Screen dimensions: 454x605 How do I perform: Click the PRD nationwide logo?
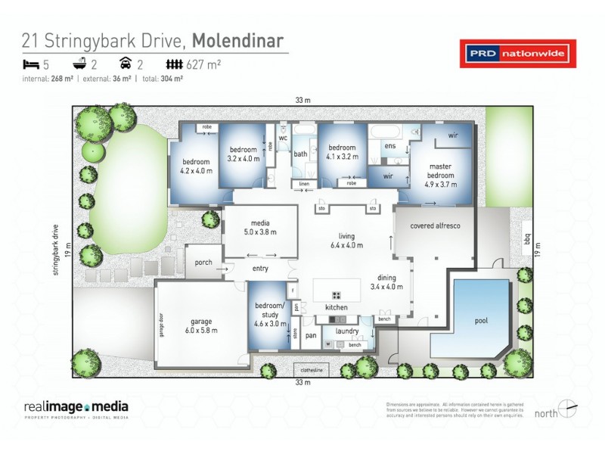[x=518, y=54]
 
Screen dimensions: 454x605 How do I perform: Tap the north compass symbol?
[x=567, y=409]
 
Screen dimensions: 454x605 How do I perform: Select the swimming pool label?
[x=481, y=320]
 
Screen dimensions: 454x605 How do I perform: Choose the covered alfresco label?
[x=436, y=226]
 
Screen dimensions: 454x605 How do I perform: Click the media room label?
[x=260, y=228]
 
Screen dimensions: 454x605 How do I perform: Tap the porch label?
[x=203, y=263]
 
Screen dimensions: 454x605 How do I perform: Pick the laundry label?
[x=348, y=331]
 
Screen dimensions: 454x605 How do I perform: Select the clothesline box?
[x=312, y=370]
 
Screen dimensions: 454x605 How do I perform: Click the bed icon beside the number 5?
[x=31, y=65]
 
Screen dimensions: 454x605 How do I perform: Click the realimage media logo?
[x=76, y=409]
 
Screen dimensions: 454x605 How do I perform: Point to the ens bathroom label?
[x=390, y=147]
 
